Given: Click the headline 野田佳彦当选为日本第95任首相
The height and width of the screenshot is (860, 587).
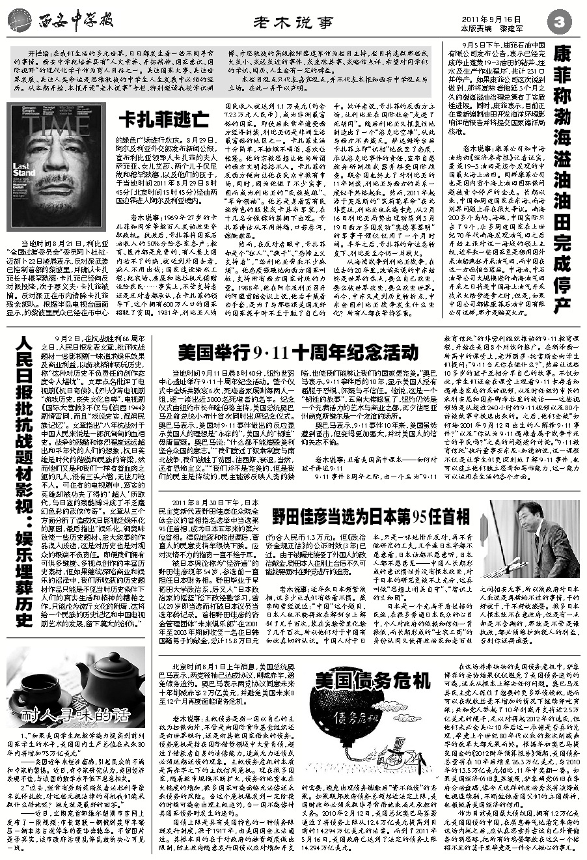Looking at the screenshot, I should pos(370,516).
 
